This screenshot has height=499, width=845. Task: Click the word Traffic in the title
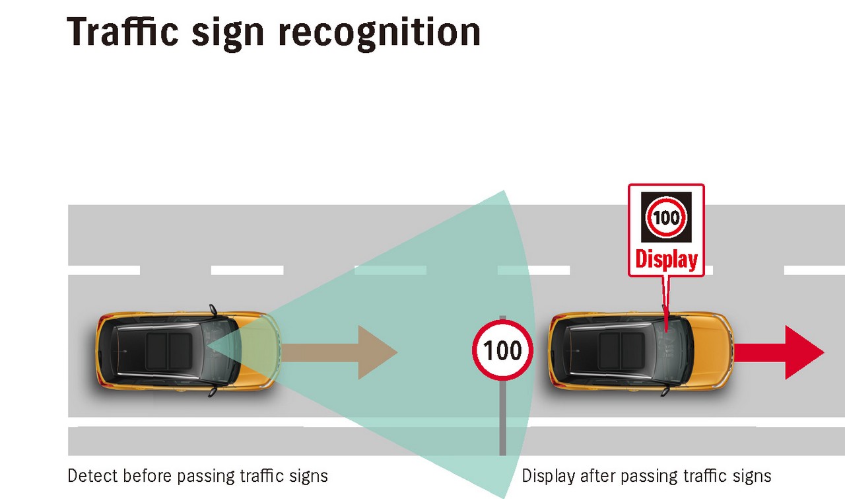pos(122,32)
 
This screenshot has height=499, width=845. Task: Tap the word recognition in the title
pos(380,33)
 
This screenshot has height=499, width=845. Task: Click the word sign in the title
pos(228,34)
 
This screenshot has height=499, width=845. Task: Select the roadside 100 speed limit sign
pos(502,350)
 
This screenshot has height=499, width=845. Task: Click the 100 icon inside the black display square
pos(666,217)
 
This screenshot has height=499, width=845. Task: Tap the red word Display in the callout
pos(666,260)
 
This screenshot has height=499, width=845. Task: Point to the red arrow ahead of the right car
pos(778,352)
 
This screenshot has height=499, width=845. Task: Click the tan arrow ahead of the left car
pos(339,352)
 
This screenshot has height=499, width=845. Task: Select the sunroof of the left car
pos(168,351)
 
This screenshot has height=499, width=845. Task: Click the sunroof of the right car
pos(621,351)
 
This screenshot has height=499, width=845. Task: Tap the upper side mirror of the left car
pos(213,310)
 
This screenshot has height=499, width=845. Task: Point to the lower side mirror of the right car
pos(665,391)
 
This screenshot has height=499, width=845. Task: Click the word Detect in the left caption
pos(93,476)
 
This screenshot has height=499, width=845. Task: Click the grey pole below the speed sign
pos(502,418)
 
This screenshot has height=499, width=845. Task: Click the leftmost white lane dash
pos(104,270)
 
